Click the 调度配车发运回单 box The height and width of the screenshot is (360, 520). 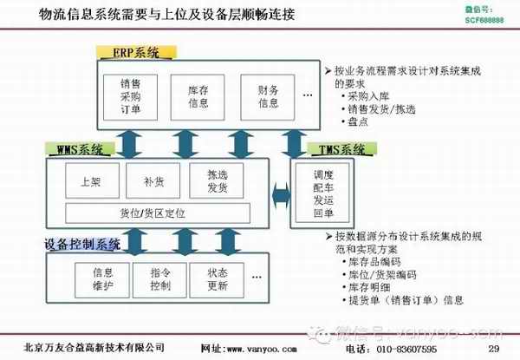click(323, 193)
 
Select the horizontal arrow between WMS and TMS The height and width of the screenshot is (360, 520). click(282, 188)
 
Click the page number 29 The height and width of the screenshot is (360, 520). click(493, 349)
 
